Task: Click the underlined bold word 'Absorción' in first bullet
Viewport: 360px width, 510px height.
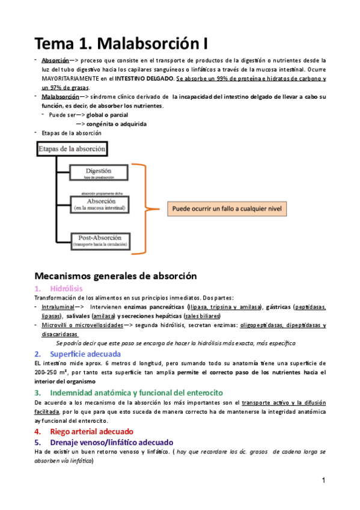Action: point(55,61)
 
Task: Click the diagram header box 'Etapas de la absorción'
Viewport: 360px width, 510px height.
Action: point(72,148)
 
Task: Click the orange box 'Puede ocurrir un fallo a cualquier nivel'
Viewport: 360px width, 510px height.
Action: point(229,209)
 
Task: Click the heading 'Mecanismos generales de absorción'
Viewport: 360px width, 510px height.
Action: point(115,277)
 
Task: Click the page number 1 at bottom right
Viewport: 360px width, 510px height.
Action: point(323,481)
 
